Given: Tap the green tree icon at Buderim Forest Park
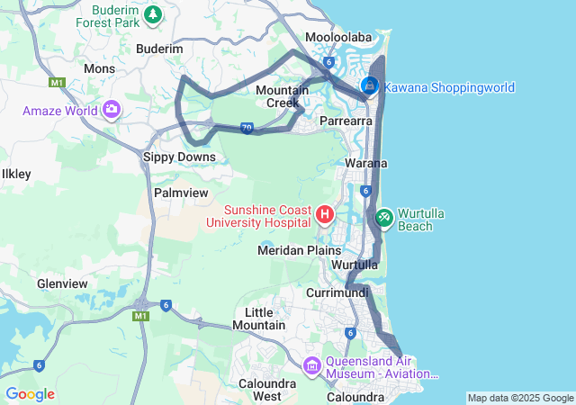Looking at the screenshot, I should click(154, 14).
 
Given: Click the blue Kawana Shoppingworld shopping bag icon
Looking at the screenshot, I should click(370, 86).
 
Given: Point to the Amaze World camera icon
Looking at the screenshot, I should click(112, 111).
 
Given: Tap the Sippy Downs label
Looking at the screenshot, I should click(180, 157).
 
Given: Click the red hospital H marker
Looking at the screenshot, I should click(325, 214).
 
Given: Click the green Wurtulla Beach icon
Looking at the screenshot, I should click(384, 217).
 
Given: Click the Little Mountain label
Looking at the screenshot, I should click(258, 318).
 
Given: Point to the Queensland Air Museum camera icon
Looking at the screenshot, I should click(312, 365).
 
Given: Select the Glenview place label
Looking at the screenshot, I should click(62, 283).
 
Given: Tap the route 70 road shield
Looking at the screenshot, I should click(247, 128).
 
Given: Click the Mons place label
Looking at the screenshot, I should click(99, 68).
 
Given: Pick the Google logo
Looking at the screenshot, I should click(30, 394).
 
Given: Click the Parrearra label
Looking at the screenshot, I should click(346, 120).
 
